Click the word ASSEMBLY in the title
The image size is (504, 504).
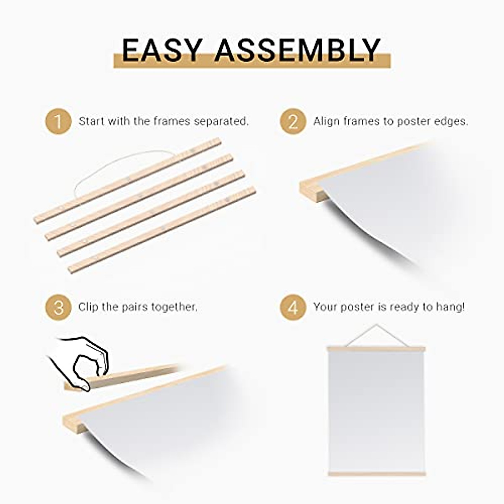click(297, 50)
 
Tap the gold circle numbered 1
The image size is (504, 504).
click(58, 122)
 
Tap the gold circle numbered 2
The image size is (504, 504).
click(293, 122)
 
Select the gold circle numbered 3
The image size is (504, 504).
click(58, 307)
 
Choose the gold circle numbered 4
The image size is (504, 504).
click(293, 307)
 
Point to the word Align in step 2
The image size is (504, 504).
click(327, 122)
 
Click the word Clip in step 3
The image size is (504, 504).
click(88, 307)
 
